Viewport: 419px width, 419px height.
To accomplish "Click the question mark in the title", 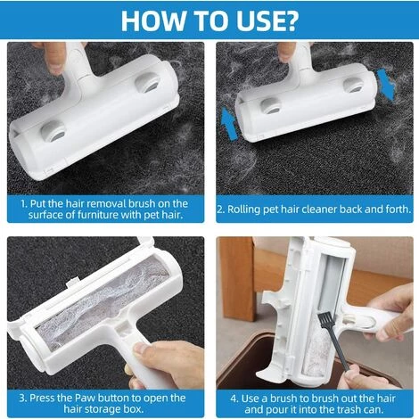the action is (x=288, y=21).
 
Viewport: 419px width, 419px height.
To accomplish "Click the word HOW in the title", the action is (x=152, y=21).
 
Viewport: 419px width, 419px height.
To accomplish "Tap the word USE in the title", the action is (x=251, y=21).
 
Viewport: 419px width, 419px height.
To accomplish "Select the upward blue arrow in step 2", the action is (x=229, y=123).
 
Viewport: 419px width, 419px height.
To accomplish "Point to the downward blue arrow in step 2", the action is (x=386, y=84).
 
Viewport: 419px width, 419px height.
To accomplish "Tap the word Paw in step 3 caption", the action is (x=86, y=398).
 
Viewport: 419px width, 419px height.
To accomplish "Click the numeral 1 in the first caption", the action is (x=24, y=204).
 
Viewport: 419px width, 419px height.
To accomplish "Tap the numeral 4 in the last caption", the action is (x=234, y=398).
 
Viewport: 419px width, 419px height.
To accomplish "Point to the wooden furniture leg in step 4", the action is (x=237, y=279).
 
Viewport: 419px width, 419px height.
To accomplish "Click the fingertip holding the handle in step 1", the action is (x=55, y=66).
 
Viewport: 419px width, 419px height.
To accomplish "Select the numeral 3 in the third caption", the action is (x=22, y=398).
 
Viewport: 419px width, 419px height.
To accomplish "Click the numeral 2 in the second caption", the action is (x=220, y=209).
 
